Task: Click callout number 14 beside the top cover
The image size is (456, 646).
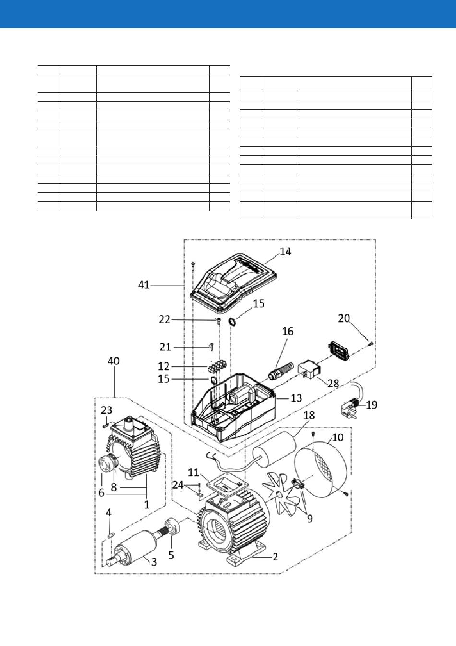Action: coord(285,251)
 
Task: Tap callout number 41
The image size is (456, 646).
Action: coord(144,285)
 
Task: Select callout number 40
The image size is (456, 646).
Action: coord(114,361)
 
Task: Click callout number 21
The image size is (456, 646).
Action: coord(165,347)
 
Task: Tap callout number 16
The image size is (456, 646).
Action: coord(288,331)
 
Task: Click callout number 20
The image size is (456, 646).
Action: coord(344,318)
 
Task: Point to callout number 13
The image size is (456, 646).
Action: coord(296,398)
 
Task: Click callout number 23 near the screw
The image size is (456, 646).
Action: coord(107,410)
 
